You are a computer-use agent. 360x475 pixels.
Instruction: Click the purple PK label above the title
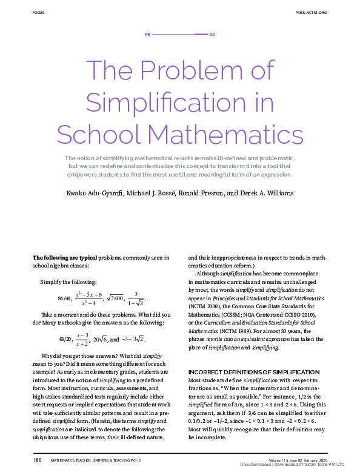pyautogui.click(x=147, y=34)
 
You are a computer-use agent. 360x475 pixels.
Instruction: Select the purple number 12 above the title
pyautogui.click(x=212, y=34)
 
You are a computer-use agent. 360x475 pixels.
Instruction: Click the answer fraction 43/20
pyautogui.click(x=65, y=339)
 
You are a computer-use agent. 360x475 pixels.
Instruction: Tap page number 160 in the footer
pyautogui.click(x=37, y=460)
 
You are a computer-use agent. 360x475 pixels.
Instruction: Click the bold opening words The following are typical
pyautogui.click(x=64, y=257)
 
